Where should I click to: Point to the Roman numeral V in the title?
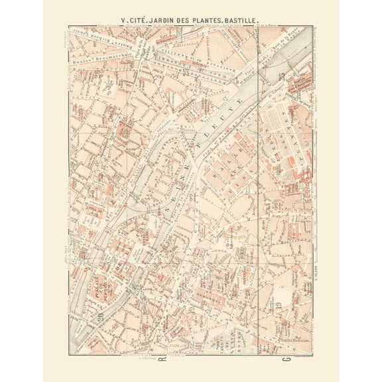point(125,21)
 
